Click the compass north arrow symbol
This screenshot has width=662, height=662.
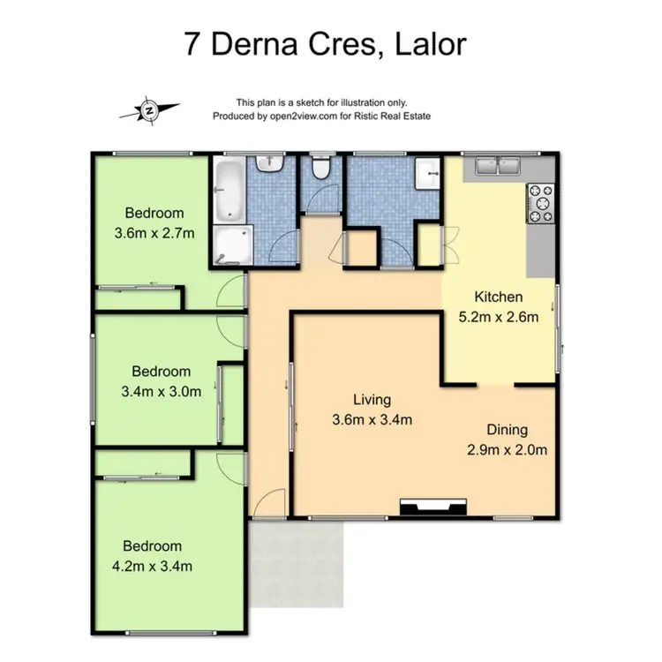coord(149,110)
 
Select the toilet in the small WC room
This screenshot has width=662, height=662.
coord(322,168)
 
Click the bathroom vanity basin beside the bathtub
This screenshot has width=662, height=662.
coord(268,164)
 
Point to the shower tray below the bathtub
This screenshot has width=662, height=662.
coord(231,244)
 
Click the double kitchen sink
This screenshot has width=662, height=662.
coord(500,165)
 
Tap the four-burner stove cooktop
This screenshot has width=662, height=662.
coord(539,202)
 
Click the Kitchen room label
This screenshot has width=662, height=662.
coord(499,297)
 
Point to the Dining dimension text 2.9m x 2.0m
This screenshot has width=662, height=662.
coord(507,449)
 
